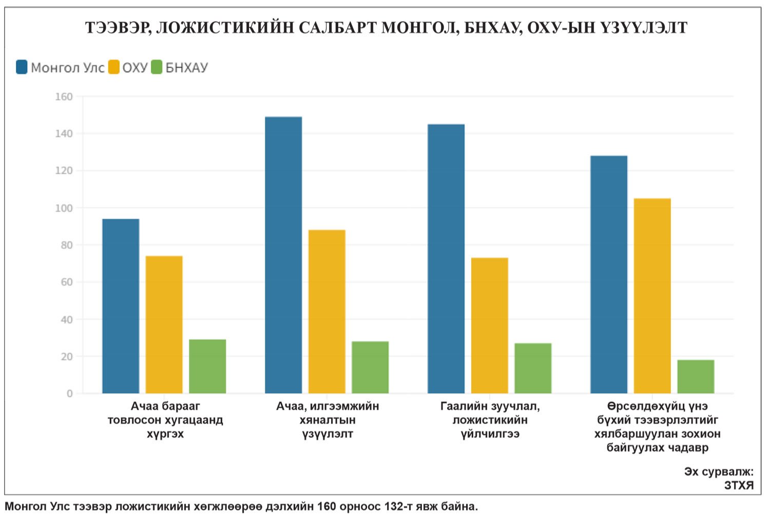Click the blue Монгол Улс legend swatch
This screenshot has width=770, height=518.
click(22, 67)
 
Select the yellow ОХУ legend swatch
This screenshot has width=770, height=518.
click(113, 67)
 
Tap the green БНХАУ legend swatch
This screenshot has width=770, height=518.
click(157, 67)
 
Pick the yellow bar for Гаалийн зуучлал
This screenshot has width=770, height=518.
click(489, 325)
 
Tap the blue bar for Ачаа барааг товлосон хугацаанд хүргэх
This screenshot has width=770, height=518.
click(121, 306)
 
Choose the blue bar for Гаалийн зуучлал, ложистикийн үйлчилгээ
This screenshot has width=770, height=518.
click(446, 259)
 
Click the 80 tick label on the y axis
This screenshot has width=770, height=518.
click(67, 245)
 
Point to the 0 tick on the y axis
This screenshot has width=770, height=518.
click(69, 393)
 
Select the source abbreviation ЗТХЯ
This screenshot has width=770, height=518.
click(739, 485)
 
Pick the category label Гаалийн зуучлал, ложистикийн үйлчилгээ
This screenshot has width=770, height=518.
click(490, 420)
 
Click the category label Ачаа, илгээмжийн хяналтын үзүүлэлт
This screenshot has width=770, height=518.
click(328, 420)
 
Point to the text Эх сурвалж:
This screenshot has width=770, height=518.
click(719, 471)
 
